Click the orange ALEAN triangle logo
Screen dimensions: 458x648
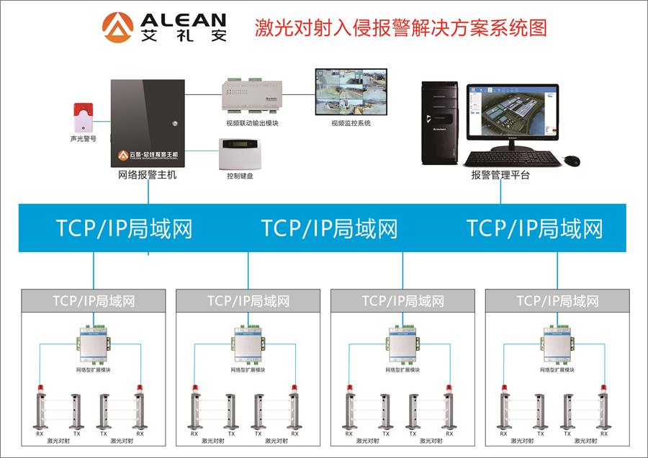[x=117, y=27]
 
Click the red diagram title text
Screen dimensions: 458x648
[x=401, y=28]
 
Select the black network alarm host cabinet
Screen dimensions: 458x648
[x=147, y=122]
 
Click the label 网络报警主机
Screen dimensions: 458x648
[x=147, y=175]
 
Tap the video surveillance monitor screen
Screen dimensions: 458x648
[x=351, y=92]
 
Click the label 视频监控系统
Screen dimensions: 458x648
[x=351, y=124]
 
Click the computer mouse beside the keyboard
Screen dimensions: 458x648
[x=571, y=161]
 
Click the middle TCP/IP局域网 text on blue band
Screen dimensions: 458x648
[x=329, y=228]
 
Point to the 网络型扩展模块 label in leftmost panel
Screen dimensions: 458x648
[x=94, y=370]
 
